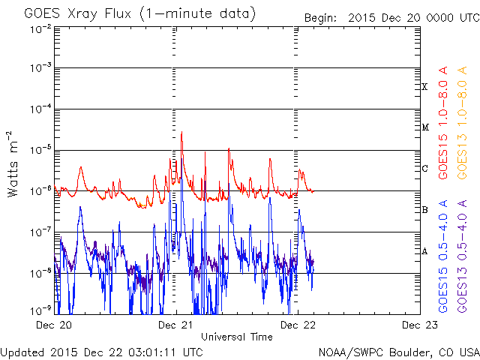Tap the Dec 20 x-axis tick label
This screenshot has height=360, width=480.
pyautogui.click(x=55, y=325)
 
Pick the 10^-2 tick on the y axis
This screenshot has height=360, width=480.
pyautogui.click(x=39, y=28)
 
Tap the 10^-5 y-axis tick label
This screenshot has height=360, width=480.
pyautogui.click(x=39, y=150)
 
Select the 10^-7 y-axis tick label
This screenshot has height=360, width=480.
pyautogui.click(x=39, y=232)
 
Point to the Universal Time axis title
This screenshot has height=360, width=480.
pyautogui.click(x=237, y=337)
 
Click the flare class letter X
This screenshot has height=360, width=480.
pyautogui.click(x=424, y=87)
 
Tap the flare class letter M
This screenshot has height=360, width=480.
pyautogui.click(x=424, y=127)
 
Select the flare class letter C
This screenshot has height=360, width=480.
pyautogui.click(x=424, y=169)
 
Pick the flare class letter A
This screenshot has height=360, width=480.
pyautogui.click(x=424, y=251)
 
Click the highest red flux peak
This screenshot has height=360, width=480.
pyautogui.click(x=181, y=133)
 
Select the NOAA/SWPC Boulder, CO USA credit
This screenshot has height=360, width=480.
pyautogui.click(x=398, y=351)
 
